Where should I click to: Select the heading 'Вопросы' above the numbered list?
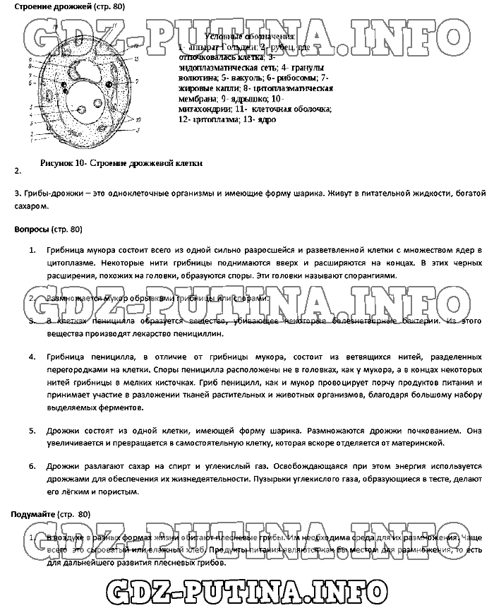[x=32, y=230]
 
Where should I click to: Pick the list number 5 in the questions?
[x=32, y=430]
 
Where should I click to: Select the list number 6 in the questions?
[x=32, y=467]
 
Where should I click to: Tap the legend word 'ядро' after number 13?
[x=267, y=120]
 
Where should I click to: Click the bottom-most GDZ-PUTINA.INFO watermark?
[x=247, y=588]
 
